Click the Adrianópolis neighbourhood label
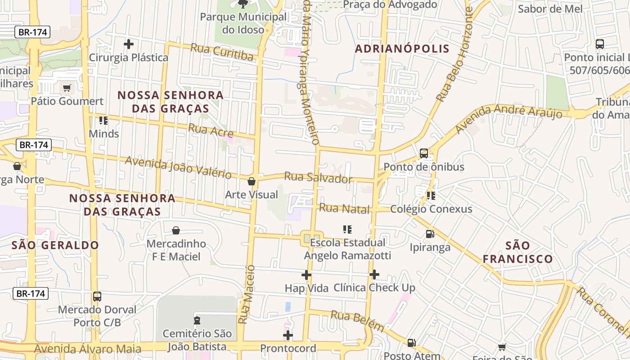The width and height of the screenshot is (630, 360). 402,49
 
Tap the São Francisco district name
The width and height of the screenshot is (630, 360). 517,252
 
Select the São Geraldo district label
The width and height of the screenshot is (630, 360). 55,245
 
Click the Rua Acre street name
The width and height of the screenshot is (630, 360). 211,130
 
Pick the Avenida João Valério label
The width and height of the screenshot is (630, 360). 178,167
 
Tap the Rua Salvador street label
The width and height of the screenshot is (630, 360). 318,177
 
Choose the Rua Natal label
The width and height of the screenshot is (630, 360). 344,208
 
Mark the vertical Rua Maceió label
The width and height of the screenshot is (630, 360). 247,294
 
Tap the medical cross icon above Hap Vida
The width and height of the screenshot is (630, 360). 306,274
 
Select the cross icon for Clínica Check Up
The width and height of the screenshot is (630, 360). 374,274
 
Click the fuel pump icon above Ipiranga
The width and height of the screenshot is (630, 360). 430,234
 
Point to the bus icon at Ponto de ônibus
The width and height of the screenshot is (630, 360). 423,153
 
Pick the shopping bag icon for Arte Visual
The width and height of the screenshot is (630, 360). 252,181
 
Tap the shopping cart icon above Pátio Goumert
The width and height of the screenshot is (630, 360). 67,88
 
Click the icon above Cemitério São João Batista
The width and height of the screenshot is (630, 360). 197,320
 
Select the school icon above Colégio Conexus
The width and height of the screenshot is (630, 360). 431,196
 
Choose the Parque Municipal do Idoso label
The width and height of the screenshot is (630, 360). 243,23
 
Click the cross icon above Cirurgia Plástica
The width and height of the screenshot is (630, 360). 129,44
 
